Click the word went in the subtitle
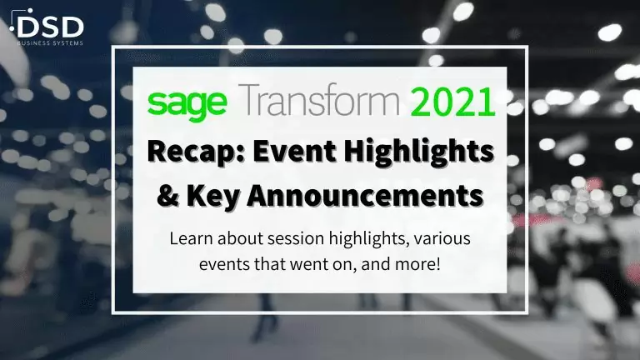click(302, 265)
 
